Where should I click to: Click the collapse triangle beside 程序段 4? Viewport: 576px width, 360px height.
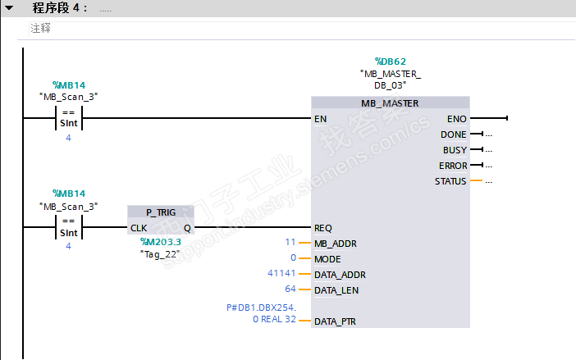[x=9, y=7]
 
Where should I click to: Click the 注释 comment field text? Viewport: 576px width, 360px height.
[x=40, y=28]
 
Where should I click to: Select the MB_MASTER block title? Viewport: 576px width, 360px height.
[x=390, y=103]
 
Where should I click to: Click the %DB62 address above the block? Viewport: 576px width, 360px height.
[x=390, y=62]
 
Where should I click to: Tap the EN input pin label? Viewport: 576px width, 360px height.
[x=320, y=119]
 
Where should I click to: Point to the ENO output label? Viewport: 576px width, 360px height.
[x=456, y=119]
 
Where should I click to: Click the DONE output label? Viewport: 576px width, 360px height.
[x=453, y=134]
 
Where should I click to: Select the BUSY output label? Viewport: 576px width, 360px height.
[x=455, y=150]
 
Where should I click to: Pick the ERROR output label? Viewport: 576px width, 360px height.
[x=453, y=166]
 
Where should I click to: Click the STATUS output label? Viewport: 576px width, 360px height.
[x=450, y=181]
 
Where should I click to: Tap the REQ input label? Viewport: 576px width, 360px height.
[x=323, y=228]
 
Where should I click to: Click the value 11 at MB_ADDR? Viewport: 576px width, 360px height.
[x=290, y=242]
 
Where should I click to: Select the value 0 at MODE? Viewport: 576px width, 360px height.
[x=293, y=257]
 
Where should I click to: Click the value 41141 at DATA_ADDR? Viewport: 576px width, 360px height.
[x=281, y=273]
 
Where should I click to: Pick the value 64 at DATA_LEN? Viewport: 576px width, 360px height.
[x=290, y=289]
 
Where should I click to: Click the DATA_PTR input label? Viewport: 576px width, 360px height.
[x=335, y=321]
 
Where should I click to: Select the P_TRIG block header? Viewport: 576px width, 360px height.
[x=161, y=212]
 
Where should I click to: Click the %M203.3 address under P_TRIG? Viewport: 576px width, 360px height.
[x=161, y=242]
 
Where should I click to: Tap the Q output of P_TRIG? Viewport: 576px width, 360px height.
[x=187, y=228]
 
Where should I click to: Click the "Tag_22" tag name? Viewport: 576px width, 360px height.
[x=160, y=254]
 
